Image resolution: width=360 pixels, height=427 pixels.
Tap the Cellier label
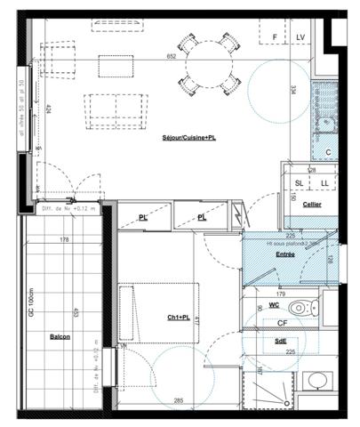pyautogui.click(x=311, y=205)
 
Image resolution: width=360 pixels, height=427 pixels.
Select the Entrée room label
pyautogui.click(x=284, y=254)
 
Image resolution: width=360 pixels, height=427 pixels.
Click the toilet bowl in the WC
pyautogui.click(x=301, y=309)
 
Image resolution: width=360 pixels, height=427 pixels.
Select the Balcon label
pyautogui.click(x=60, y=338)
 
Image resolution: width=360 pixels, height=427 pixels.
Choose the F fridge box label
pyautogui.click(x=275, y=36)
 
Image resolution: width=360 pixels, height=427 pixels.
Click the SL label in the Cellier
pyautogui.click(x=298, y=182)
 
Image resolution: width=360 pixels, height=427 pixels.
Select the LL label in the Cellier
pyautogui.click(x=324, y=182)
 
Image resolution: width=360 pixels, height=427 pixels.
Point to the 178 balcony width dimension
pyautogui.click(x=64, y=239)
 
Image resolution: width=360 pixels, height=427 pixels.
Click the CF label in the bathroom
pyautogui.click(x=280, y=323)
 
